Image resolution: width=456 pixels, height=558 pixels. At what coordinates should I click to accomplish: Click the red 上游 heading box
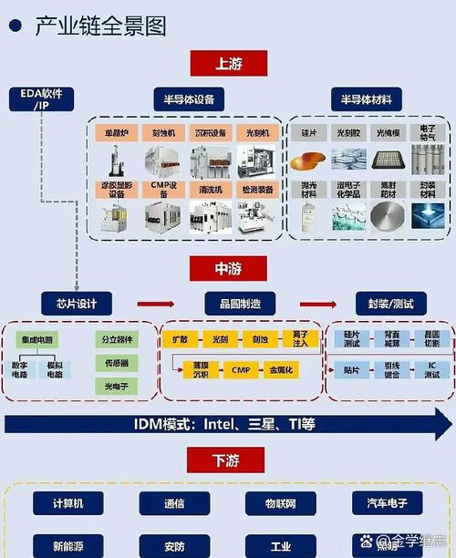(228, 63)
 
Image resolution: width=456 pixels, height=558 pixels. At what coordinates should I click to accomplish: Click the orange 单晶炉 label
(117, 133)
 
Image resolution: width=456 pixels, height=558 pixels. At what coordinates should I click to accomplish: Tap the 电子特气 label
(427, 133)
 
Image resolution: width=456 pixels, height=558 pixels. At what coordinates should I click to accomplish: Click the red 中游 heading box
(228, 269)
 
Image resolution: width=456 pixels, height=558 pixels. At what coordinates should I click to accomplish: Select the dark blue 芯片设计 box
(77, 305)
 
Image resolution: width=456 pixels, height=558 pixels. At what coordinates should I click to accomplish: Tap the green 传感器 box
(117, 363)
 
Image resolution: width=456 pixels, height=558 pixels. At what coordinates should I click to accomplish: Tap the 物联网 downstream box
(280, 503)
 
